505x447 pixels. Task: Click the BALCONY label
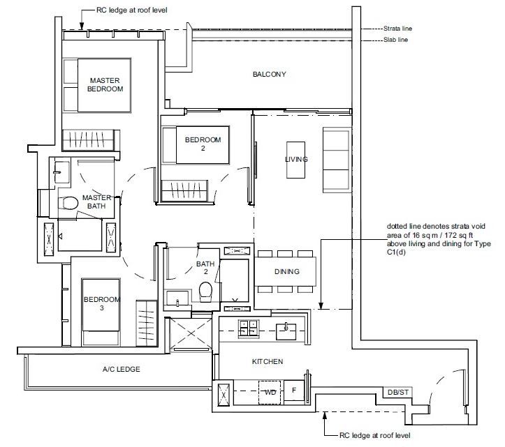(x=269, y=75)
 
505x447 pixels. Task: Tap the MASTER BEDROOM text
(x=105, y=84)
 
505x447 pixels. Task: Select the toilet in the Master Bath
(x=68, y=203)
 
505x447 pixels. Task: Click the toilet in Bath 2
(x=205, y=291)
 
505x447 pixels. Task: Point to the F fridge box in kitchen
(x=294, y=391)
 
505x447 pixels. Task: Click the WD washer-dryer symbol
(x=270, y=393)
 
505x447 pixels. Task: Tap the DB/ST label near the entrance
(x=397, y=393)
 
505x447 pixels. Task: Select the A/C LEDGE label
(x=121, y=369)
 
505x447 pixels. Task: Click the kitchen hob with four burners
(x=249, y=328)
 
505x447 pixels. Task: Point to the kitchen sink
(x=286, y=331)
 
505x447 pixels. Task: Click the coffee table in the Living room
(x=295, y=160)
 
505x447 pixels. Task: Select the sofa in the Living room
(x=337, y=160)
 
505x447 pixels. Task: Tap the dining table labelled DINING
(x=286, y=271)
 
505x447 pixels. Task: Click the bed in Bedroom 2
(x=196, y=145)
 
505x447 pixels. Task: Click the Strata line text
(x=397, y=29)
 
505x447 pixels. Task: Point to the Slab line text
(x=395, y=40)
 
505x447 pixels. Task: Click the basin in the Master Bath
(x=61, y=172)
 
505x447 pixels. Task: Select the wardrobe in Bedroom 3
(x=146, y=324)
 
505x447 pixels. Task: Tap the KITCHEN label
(x=268, y=361)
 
